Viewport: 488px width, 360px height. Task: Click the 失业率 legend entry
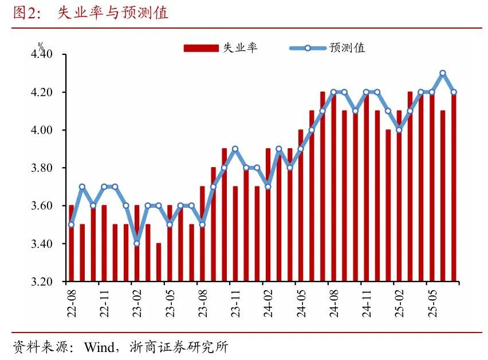(x=221, y=48)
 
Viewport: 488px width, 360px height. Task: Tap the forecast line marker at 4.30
(x=443, y=73)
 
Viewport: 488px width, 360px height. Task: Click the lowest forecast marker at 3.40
(x=137, y=243)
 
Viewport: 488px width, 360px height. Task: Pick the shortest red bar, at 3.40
(x=159, y=262)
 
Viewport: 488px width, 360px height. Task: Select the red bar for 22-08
(x=71, y=243)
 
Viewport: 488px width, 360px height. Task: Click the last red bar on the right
(x=454, y=187)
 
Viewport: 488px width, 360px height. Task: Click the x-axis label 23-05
(x=164, y=303)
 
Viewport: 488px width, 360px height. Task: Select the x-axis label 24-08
(x=328, y=303)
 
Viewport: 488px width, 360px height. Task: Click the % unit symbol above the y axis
(x=41, y=45)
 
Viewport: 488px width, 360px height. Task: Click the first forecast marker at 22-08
(x=71, y=224)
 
